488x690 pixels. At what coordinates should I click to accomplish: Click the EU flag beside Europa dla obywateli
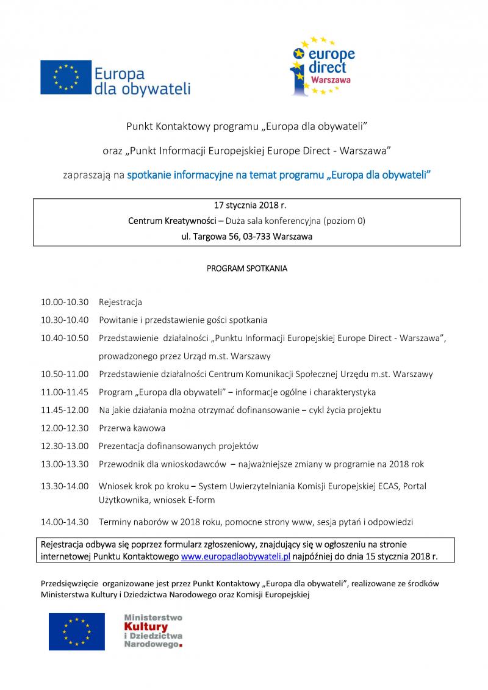pyautogui.click(x=66, y=77)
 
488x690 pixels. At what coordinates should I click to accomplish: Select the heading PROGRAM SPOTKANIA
pyautogui.click(x=246, y=268)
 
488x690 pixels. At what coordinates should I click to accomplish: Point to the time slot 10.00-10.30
pyautogui.click(x=65, y=302)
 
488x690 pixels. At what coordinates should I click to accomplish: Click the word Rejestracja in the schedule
pyautogui.click(x=120, y=302)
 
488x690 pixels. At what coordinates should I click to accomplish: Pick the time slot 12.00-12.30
pyautogui.click(x=65, y=428)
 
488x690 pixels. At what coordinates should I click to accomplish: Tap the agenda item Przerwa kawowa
pyautogui.click(x=132, y=428)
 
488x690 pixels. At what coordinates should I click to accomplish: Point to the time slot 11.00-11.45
pyautogui.click(x=65, y=392)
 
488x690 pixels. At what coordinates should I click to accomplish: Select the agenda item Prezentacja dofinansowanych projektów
pyautogui.click(x=178, y=446)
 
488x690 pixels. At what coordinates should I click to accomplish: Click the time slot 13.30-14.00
pyautogui.click(x=65, y=486)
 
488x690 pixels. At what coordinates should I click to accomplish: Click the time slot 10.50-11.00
pyautogui.click(x=65, y=374)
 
